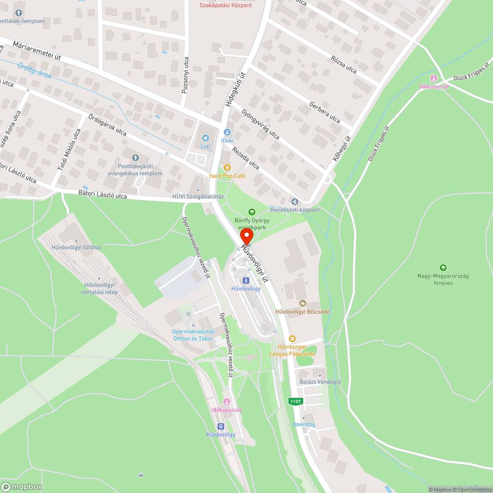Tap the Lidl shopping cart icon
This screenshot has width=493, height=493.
(206, 138)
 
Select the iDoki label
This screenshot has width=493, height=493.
(227, 141)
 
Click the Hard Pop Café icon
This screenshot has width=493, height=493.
(227, 167)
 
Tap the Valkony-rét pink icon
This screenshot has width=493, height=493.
(434, 78)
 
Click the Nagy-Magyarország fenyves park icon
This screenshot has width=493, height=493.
(443, 267)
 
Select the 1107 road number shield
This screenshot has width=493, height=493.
(295, 401)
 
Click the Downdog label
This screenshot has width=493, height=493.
(303, 424)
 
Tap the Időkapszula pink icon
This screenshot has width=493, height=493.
(227, 402)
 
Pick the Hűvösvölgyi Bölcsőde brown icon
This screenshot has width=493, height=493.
(302, 303)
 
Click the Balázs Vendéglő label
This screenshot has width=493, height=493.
(320, 382)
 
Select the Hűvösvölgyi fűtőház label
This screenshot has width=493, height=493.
(76, 247)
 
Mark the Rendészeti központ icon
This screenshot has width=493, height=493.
(294, 201)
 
